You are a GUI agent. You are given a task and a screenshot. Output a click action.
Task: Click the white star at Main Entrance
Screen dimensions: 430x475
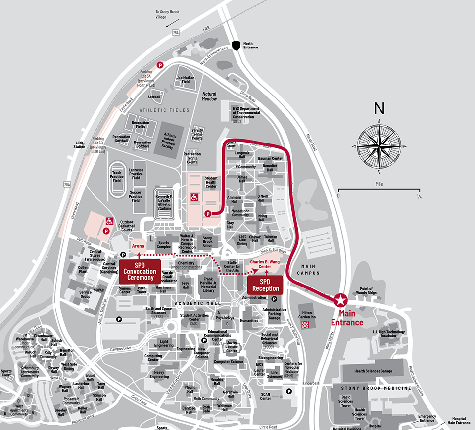coord(340,300)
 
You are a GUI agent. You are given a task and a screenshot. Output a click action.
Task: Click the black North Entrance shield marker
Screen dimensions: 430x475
coord(237,46)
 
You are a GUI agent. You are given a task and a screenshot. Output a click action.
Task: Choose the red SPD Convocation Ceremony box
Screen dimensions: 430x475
coord(140,271)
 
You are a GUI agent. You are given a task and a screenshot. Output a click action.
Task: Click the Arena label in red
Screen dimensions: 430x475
coord(138,245)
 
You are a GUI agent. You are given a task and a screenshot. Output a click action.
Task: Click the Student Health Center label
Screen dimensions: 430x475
coord(211,182)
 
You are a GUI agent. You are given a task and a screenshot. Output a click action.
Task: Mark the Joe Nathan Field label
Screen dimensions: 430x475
coord(186,79)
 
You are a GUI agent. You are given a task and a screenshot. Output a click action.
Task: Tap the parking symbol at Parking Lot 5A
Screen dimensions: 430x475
coord(160,65)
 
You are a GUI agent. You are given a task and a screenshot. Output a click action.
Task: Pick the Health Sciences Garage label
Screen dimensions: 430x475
coord(373,371)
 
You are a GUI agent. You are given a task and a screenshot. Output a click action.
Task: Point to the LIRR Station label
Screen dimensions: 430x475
coord(79,144)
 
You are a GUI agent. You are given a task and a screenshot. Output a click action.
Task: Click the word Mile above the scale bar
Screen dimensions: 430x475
coord(379,183)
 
